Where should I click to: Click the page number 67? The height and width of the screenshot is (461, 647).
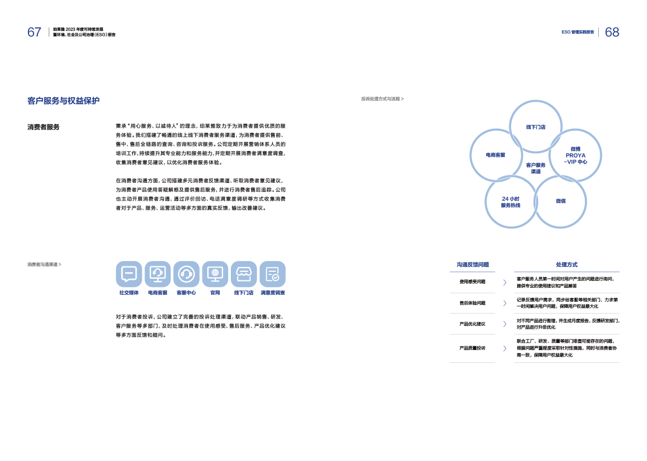click(34, 32)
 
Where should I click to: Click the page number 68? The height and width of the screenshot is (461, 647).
click(612, 32)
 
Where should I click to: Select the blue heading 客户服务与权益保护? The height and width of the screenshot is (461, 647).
click(63, 101)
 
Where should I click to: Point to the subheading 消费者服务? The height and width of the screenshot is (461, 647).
click(43, 127)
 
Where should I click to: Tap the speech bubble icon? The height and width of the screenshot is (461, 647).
click(129, 274)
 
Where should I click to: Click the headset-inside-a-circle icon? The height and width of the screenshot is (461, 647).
click(186, 274)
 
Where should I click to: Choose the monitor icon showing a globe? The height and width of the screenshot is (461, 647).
click(215, 274)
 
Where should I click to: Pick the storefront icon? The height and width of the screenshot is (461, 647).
click(244, 274)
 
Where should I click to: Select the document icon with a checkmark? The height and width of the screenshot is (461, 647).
click(272, 274)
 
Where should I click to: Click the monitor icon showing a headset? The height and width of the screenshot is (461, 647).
click(157, 274)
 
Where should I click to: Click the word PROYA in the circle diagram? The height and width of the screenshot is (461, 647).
click(576, 155)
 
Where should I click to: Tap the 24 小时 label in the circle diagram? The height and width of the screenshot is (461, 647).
click(510, 198)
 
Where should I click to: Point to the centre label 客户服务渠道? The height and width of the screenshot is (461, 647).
click(536, 168)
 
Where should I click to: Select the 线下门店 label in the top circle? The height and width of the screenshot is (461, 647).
click(536, 127)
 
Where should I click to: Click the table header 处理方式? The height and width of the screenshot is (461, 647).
click(567, 264)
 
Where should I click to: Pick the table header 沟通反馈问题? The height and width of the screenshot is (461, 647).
click(472, 264)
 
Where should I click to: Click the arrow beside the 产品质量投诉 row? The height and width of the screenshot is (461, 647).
click(505, 348)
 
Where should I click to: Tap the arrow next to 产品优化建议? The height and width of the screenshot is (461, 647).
click(505, 324)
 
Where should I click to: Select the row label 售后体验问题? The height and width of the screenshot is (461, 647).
click(472, 303)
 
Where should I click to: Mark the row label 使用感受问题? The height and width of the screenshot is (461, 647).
click(472, 281)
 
